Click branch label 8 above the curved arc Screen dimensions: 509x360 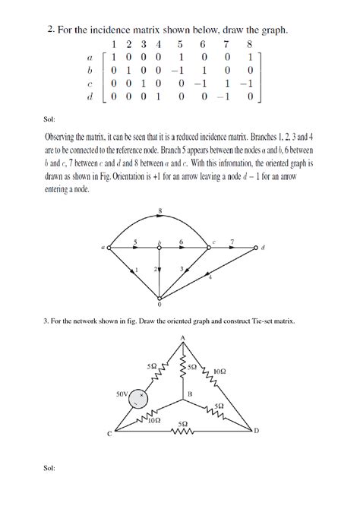tap(159, 210)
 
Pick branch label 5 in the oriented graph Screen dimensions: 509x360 tap(135, 242)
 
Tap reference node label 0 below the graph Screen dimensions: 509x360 tap(159, 305)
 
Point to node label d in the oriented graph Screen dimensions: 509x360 tap(263, 248)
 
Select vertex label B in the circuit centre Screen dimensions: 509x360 tap(190, 393)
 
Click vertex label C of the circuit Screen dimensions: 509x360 tap(109, 435)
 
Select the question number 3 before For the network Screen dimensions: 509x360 tap(47, 321)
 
